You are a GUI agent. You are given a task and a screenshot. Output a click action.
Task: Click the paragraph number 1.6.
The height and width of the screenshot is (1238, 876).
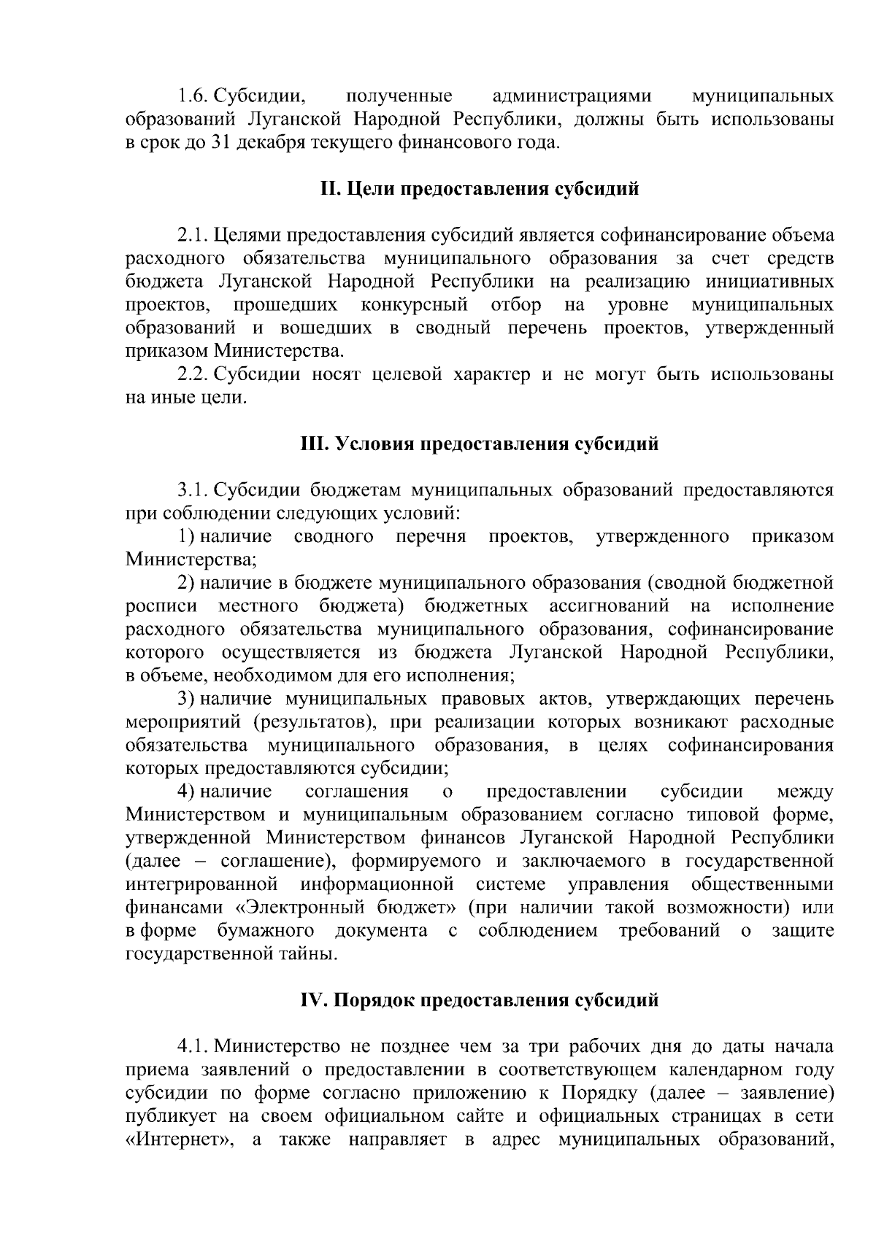pyautogui.click(x=193, y=96)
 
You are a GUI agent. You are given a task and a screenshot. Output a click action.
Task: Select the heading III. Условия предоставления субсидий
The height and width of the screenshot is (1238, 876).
pyautogui.click(x=480, y=444)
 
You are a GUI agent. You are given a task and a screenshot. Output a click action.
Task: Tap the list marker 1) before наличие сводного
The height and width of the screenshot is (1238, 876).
pyautogui.click(x=187, y=537)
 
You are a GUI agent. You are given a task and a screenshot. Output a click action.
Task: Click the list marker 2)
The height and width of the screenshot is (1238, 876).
pyautogui.click(x=187, y=583)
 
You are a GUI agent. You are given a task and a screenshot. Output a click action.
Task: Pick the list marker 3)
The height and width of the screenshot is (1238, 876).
pyautogui.click(x=187, y=699)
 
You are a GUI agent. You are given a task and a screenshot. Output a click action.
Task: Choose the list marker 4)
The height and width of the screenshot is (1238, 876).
pyautogui.click(x=187, y=792)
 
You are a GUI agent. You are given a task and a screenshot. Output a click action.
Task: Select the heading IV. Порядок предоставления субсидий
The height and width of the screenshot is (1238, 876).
pyautogui.click(x=480, y=999)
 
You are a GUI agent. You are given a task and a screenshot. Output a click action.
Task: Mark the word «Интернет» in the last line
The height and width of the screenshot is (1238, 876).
pyautogui.click(x=174, y=1139)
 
